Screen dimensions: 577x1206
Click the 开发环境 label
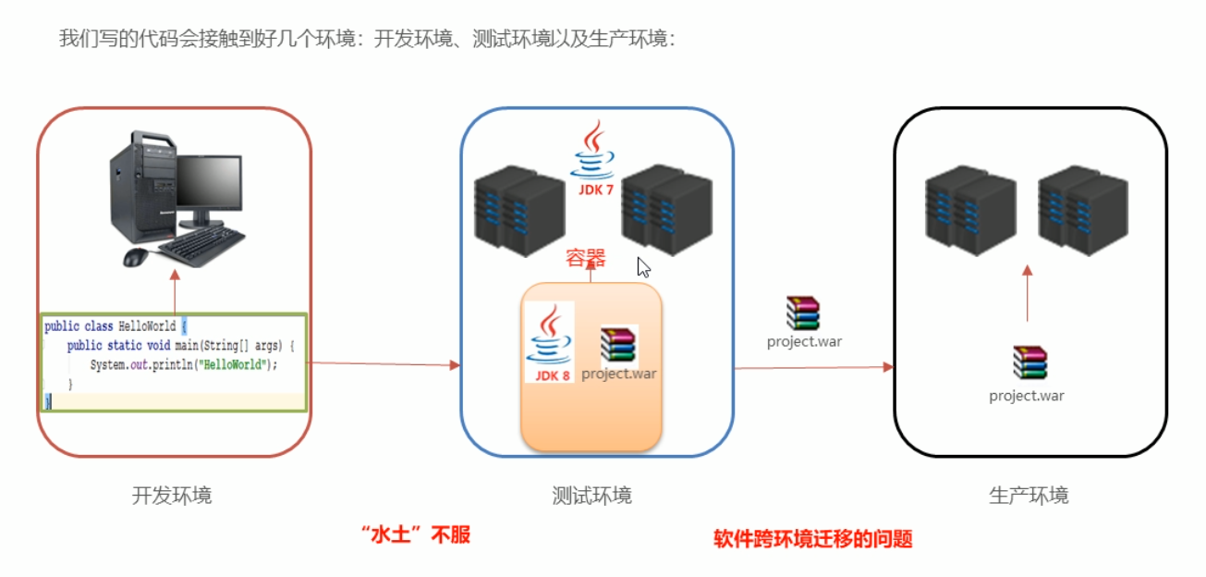(x=172, y=496)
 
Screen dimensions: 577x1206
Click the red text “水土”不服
(x=416, y=535)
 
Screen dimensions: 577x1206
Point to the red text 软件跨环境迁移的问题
(x=812, y=539)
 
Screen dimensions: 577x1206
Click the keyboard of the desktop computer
(x=201, y=245)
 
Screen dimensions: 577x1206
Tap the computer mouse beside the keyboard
(x=135, y=257)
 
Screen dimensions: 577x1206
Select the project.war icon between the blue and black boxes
(x=803, y=313)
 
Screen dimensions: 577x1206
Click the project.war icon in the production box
(x=1029, y=362)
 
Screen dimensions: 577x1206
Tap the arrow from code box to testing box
(x=384, y=364)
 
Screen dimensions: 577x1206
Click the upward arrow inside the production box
(x=1027, y=292)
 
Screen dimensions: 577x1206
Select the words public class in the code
(x=79, y=326)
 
